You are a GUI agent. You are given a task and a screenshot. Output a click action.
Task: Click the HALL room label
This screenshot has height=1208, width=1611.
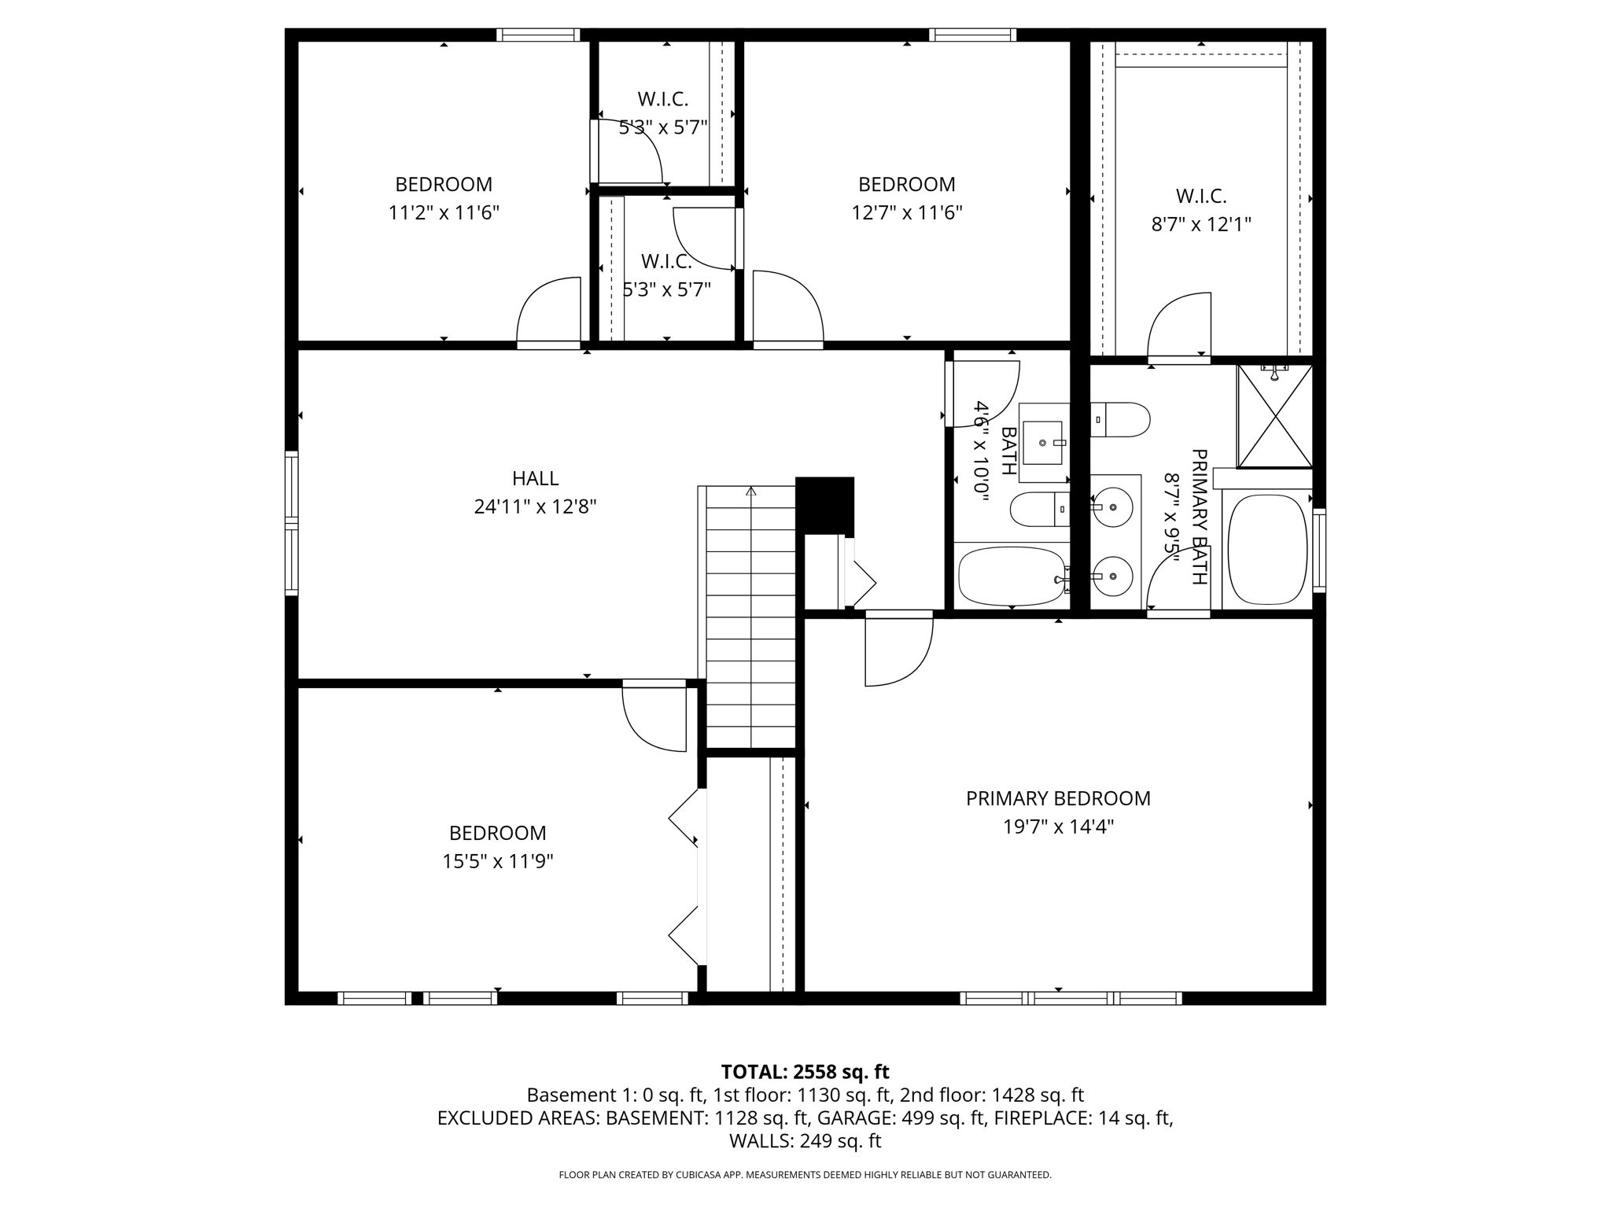pyautogui.click(x=535, y=478)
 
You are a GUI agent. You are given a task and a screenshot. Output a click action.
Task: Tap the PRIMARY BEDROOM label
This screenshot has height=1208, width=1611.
pyautogui.click(x=1058, y=798)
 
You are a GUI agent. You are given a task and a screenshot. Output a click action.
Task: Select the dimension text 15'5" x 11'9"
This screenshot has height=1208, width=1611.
pyautogui.click(x=497, y=861)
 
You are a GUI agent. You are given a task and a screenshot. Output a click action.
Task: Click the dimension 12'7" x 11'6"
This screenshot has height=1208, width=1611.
pyautogui.click(x=906, y=212)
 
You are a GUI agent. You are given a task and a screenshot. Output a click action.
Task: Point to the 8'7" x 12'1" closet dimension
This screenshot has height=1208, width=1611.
pyautogui.click(x=1201, y=224)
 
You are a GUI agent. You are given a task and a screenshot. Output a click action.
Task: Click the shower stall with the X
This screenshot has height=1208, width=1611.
pyautogui.click(x=1274, y=417)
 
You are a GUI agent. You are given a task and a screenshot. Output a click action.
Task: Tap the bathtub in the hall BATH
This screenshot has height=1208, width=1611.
pyautogui.click(x=1012, y=576)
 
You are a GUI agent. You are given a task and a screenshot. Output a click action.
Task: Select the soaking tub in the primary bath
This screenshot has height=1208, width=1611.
pyautogui.click(x=1266, y=548)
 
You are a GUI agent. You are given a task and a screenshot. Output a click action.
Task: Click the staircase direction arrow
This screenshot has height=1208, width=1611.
pyautogui.click(x=751, y=492)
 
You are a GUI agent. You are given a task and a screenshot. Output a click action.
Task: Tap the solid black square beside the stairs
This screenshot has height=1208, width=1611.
pyautogui.click(x=824, y=506)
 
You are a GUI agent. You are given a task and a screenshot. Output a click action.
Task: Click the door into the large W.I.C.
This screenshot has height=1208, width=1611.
pyautogui.click(x=1178, y=326)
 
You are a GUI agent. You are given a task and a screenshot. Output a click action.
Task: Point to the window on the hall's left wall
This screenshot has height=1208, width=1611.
pyautogui.click(x=291, y=523)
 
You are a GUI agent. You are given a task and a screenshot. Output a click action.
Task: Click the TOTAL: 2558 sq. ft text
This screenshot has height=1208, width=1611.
pyautogui.click(x=805, y=1072)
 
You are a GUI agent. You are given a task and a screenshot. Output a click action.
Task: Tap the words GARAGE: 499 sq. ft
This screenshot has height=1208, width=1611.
pyautogui.click(x=902, y=1118)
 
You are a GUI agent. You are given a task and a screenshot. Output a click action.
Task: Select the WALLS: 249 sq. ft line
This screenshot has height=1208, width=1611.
pyautogui.click(x=805, y=1140)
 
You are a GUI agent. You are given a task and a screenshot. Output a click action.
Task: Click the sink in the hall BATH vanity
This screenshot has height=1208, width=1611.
pyautogui.click(x=1043, y=443)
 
